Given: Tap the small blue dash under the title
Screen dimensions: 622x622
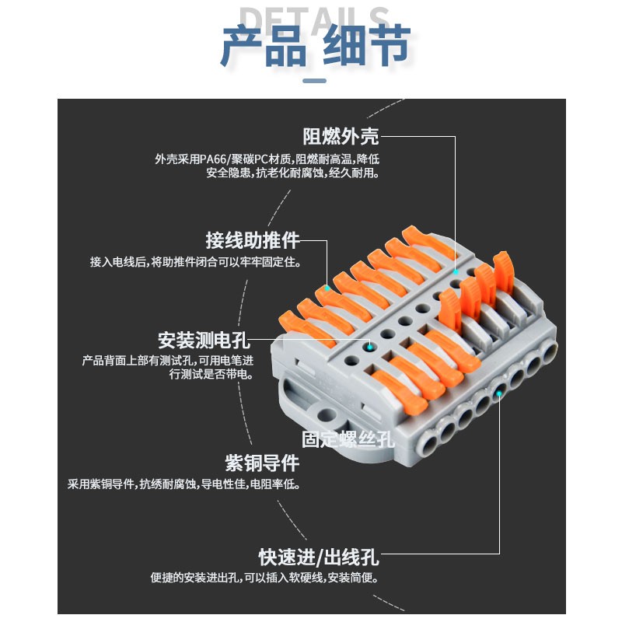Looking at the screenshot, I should pos(313,81).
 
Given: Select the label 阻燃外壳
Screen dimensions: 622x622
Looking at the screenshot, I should pos(341,137).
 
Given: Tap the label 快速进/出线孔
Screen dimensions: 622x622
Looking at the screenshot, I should pos(319,557).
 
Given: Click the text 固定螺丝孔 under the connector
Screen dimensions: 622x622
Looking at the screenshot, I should pos(348,439).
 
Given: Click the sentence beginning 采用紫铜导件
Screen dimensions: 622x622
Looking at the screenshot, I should pos(183,484).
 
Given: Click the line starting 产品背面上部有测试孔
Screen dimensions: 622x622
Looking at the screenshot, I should pos(168,361).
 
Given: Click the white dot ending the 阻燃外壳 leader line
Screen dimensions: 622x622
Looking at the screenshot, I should pos(456,272).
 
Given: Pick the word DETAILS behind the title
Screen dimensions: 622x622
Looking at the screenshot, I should pos(314,17).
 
